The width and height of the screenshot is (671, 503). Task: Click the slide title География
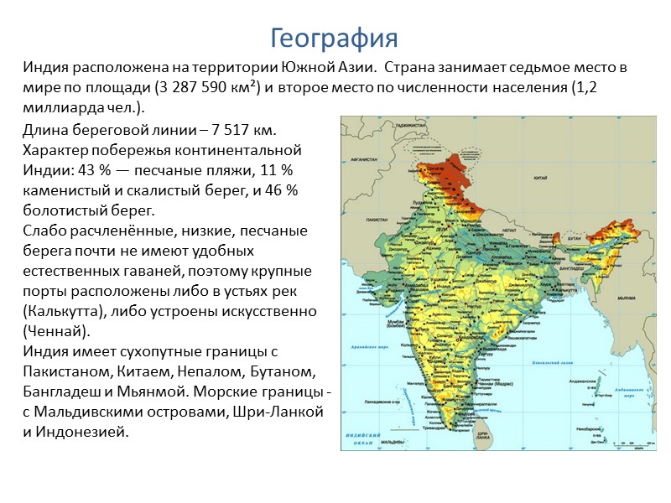pyautogui.click(x=334, y=38)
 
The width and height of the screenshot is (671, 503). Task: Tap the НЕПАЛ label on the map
pyautogui.click(x=511, y=226)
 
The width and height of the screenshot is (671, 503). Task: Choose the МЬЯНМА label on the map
pyautogui.click(x=626, y=297)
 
